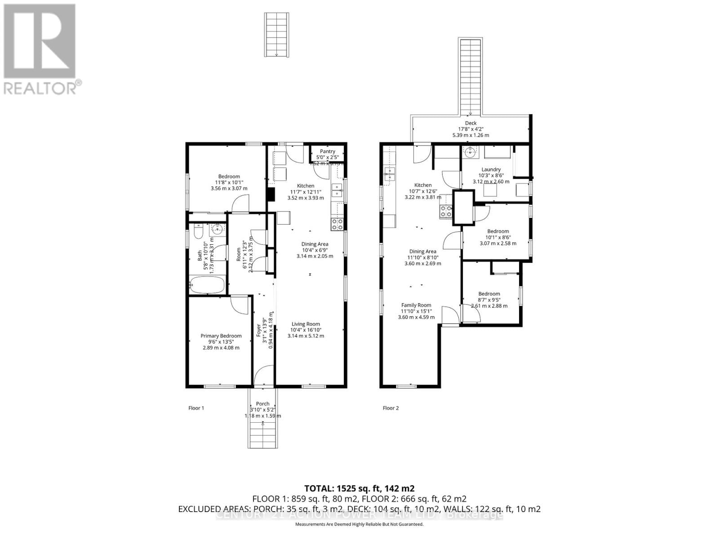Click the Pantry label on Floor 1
(x=328, y=151)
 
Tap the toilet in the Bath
(x=198, y=232)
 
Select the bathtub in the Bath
(x=207, y=285)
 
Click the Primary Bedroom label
(x=221, y=336)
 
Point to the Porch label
(x=262, y=404)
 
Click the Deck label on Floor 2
(x=470, y=123)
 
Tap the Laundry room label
(x=491, y=169)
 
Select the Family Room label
(x=416, y=305)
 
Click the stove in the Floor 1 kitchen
(x=337, y=224)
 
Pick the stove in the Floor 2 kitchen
(x=446, y=211)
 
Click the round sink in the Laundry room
(x=470, y=153)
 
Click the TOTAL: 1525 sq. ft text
(x=359, y=488)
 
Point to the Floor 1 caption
(x=196, y=408)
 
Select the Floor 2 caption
(x=391, y=408)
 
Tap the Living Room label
(x=306, y=324)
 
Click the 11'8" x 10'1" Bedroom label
(x=229, y=177)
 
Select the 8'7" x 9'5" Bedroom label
(x=489, y=294)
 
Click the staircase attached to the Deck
(x=470, y=76)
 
